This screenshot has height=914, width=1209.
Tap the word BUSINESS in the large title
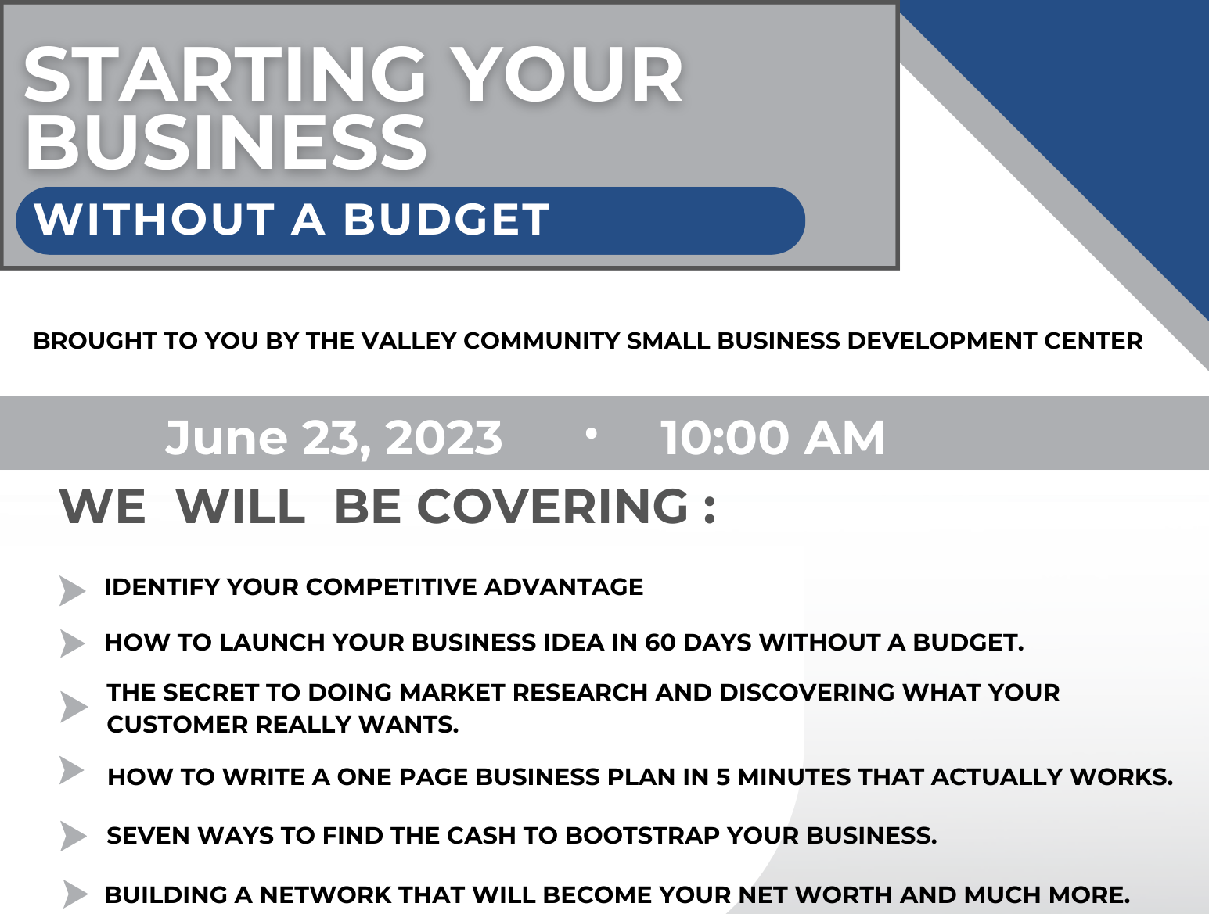226,143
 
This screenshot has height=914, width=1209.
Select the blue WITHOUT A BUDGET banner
410,220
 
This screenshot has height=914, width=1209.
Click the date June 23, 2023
333,437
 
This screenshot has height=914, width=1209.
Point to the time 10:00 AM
772,437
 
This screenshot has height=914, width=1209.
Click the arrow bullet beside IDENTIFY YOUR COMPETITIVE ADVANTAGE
72,590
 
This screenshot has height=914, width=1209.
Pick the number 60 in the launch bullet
660,643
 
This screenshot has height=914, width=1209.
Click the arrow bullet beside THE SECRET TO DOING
74,707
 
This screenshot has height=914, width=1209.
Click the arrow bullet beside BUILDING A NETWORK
75,894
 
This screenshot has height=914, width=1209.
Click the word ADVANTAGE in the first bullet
563,587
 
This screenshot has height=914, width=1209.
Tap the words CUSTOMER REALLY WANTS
282,725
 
